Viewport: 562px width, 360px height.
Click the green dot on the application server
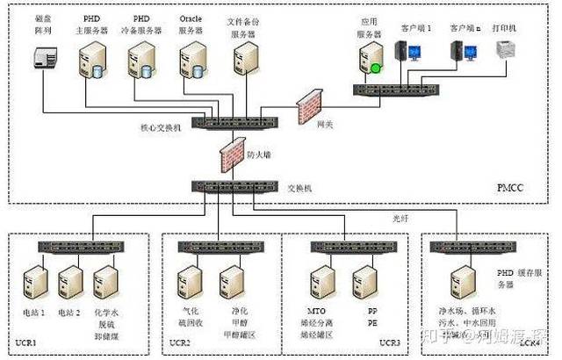(375, 68)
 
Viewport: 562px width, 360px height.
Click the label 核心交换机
(162, 128)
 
